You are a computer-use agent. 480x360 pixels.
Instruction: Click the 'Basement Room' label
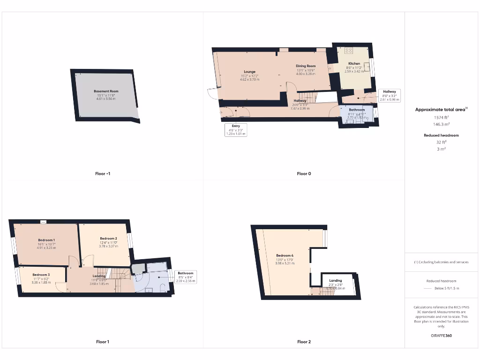pos(106,91)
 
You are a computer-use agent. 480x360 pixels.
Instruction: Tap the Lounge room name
pos(249,72)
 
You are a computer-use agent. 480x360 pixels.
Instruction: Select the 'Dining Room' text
pos(305,66)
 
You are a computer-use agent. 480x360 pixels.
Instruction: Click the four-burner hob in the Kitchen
pos(349,51)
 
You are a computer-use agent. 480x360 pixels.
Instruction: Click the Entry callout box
pos(236,130)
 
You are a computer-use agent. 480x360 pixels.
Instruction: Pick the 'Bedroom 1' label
pos(46,240)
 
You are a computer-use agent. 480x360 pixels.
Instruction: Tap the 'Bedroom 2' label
pos(108,239)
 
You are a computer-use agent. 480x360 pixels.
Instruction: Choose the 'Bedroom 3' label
pos(41,275)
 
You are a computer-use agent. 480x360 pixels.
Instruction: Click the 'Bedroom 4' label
pos(285,255)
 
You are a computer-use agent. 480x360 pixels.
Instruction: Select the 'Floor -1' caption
pos(103,173)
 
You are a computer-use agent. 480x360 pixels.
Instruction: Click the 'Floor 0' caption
pos(304,173)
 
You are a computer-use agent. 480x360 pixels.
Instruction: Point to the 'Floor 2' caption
pos(304,342)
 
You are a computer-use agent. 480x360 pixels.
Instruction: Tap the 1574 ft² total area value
pos(441,117)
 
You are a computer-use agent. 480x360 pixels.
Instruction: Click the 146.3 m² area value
pos(441,124)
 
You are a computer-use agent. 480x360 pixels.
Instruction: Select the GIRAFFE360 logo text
pos(441,336)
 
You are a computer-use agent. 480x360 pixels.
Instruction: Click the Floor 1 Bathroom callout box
pos(186,276)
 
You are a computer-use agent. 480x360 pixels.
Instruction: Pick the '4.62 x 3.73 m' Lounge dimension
pos(250,80)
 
